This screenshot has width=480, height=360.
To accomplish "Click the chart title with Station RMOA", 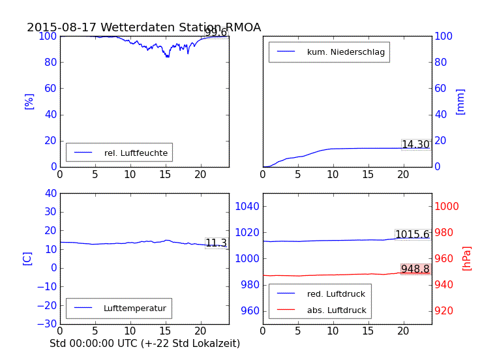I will [143, 27].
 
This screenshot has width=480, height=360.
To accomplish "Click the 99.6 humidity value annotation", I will [216, 33].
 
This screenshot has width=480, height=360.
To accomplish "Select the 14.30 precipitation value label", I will [415, 145].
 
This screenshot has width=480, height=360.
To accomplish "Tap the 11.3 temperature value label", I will [216, 243].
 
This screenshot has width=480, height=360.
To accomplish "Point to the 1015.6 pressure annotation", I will [412, 235].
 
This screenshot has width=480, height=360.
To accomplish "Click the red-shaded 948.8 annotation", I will [415, 269].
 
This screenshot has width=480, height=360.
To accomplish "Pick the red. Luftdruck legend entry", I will [336, 294].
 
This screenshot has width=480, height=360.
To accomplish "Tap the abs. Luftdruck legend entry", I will [337, 310].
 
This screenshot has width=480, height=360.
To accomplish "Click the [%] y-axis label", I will [29, 101].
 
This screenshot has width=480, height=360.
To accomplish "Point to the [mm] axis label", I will [460, 101].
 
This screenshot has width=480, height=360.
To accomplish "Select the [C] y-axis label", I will [27, 258].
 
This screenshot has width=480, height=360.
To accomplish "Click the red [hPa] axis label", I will [467, 258].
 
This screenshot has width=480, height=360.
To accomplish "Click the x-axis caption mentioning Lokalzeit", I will [145, 343].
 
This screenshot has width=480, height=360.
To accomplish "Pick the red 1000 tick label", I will [447, 207].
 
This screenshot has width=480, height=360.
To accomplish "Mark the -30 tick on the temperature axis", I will [47, 324].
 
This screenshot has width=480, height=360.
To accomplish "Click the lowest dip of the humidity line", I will [168, 57].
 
